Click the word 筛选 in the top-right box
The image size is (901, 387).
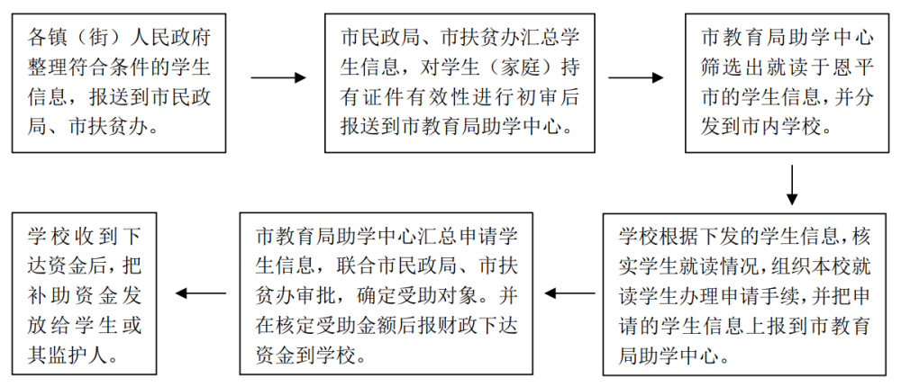coord(721,67)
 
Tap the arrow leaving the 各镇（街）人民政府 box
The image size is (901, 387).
coord(278,77)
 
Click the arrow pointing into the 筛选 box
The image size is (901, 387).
coord(636,77)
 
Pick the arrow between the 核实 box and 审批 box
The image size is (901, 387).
coord(570,292)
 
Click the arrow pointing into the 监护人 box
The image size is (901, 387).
coord(200,292)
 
